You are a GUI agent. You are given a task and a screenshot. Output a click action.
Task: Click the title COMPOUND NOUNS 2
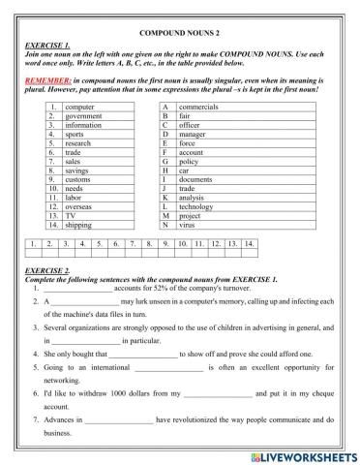[x=180, y=33]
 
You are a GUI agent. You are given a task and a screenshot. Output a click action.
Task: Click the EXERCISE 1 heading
[x=46, y=46]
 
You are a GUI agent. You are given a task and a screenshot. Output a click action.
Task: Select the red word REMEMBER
[x=45, y=79]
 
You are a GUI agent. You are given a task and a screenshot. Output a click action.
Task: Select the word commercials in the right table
[x=198, y=105]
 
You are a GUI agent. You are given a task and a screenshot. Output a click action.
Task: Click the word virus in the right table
[x=188, y=225]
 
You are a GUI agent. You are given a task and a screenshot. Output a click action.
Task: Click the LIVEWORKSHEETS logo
[x=307, y=453]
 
